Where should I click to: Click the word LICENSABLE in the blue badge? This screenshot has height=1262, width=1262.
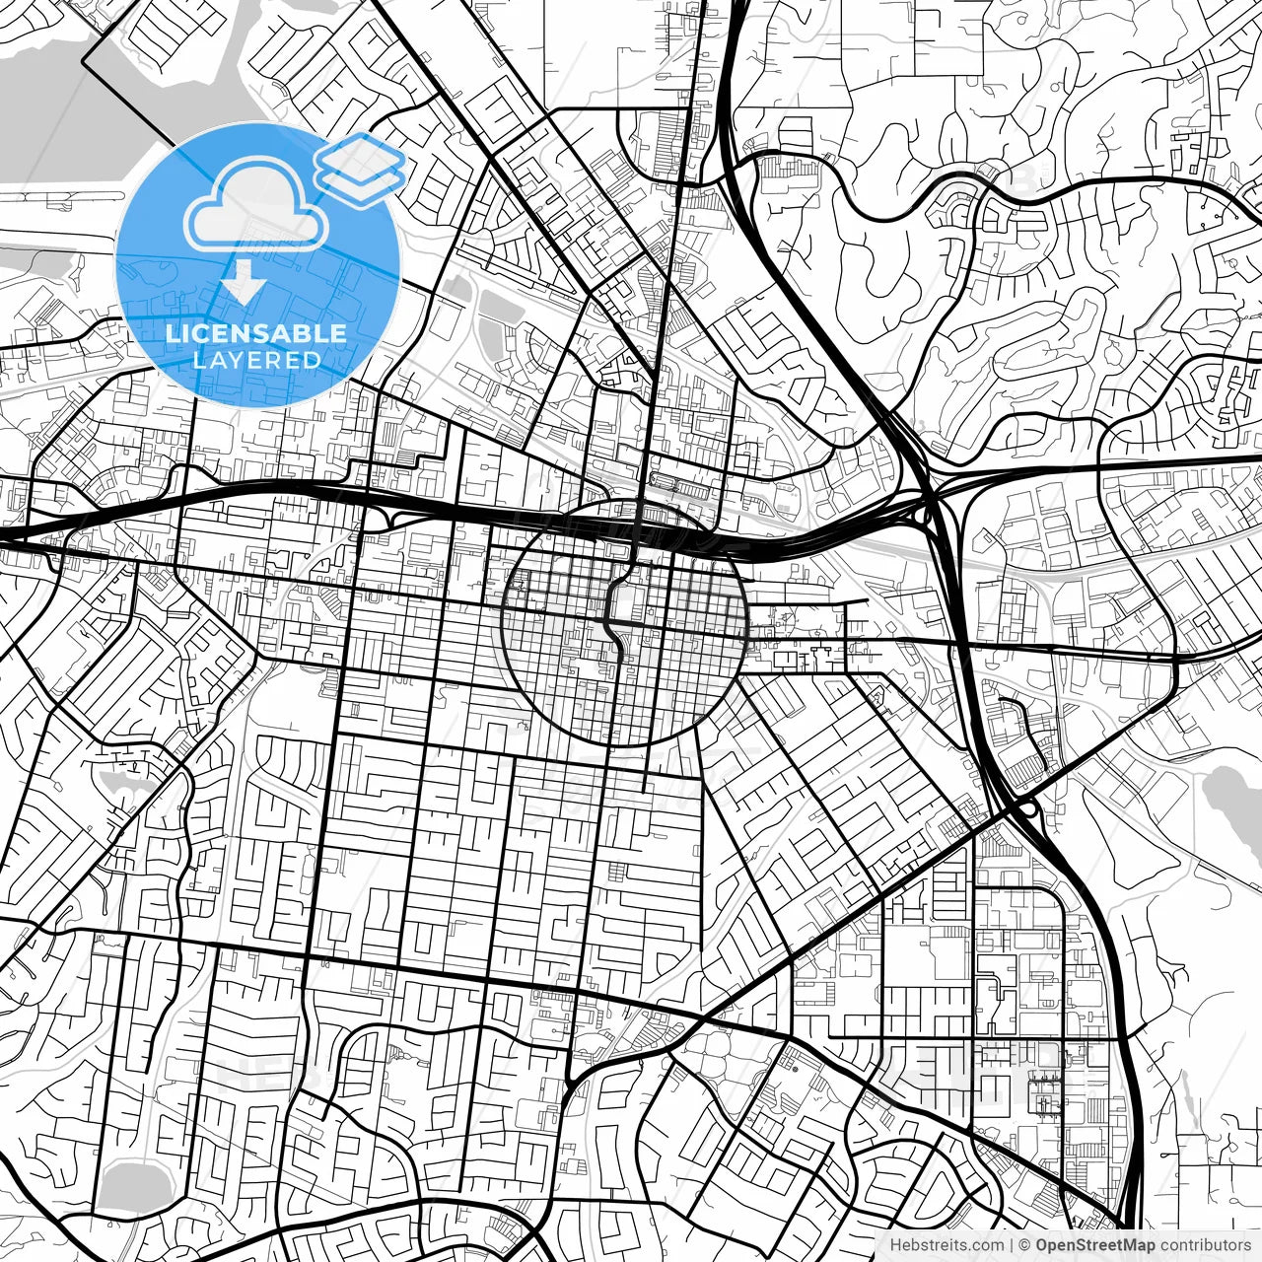click(x=256, y=333)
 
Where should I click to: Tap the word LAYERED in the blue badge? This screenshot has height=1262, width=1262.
click(x=256, y=360)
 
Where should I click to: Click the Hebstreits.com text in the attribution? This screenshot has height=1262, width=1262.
click(x=946, y=1245)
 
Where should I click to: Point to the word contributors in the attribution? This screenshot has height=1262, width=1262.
click(x=1205, y=1245)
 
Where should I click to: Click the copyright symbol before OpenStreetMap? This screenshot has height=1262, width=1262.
click(x=1024, y=1245)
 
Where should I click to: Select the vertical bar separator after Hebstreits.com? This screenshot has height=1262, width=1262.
click(x=1011, y=1245)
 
